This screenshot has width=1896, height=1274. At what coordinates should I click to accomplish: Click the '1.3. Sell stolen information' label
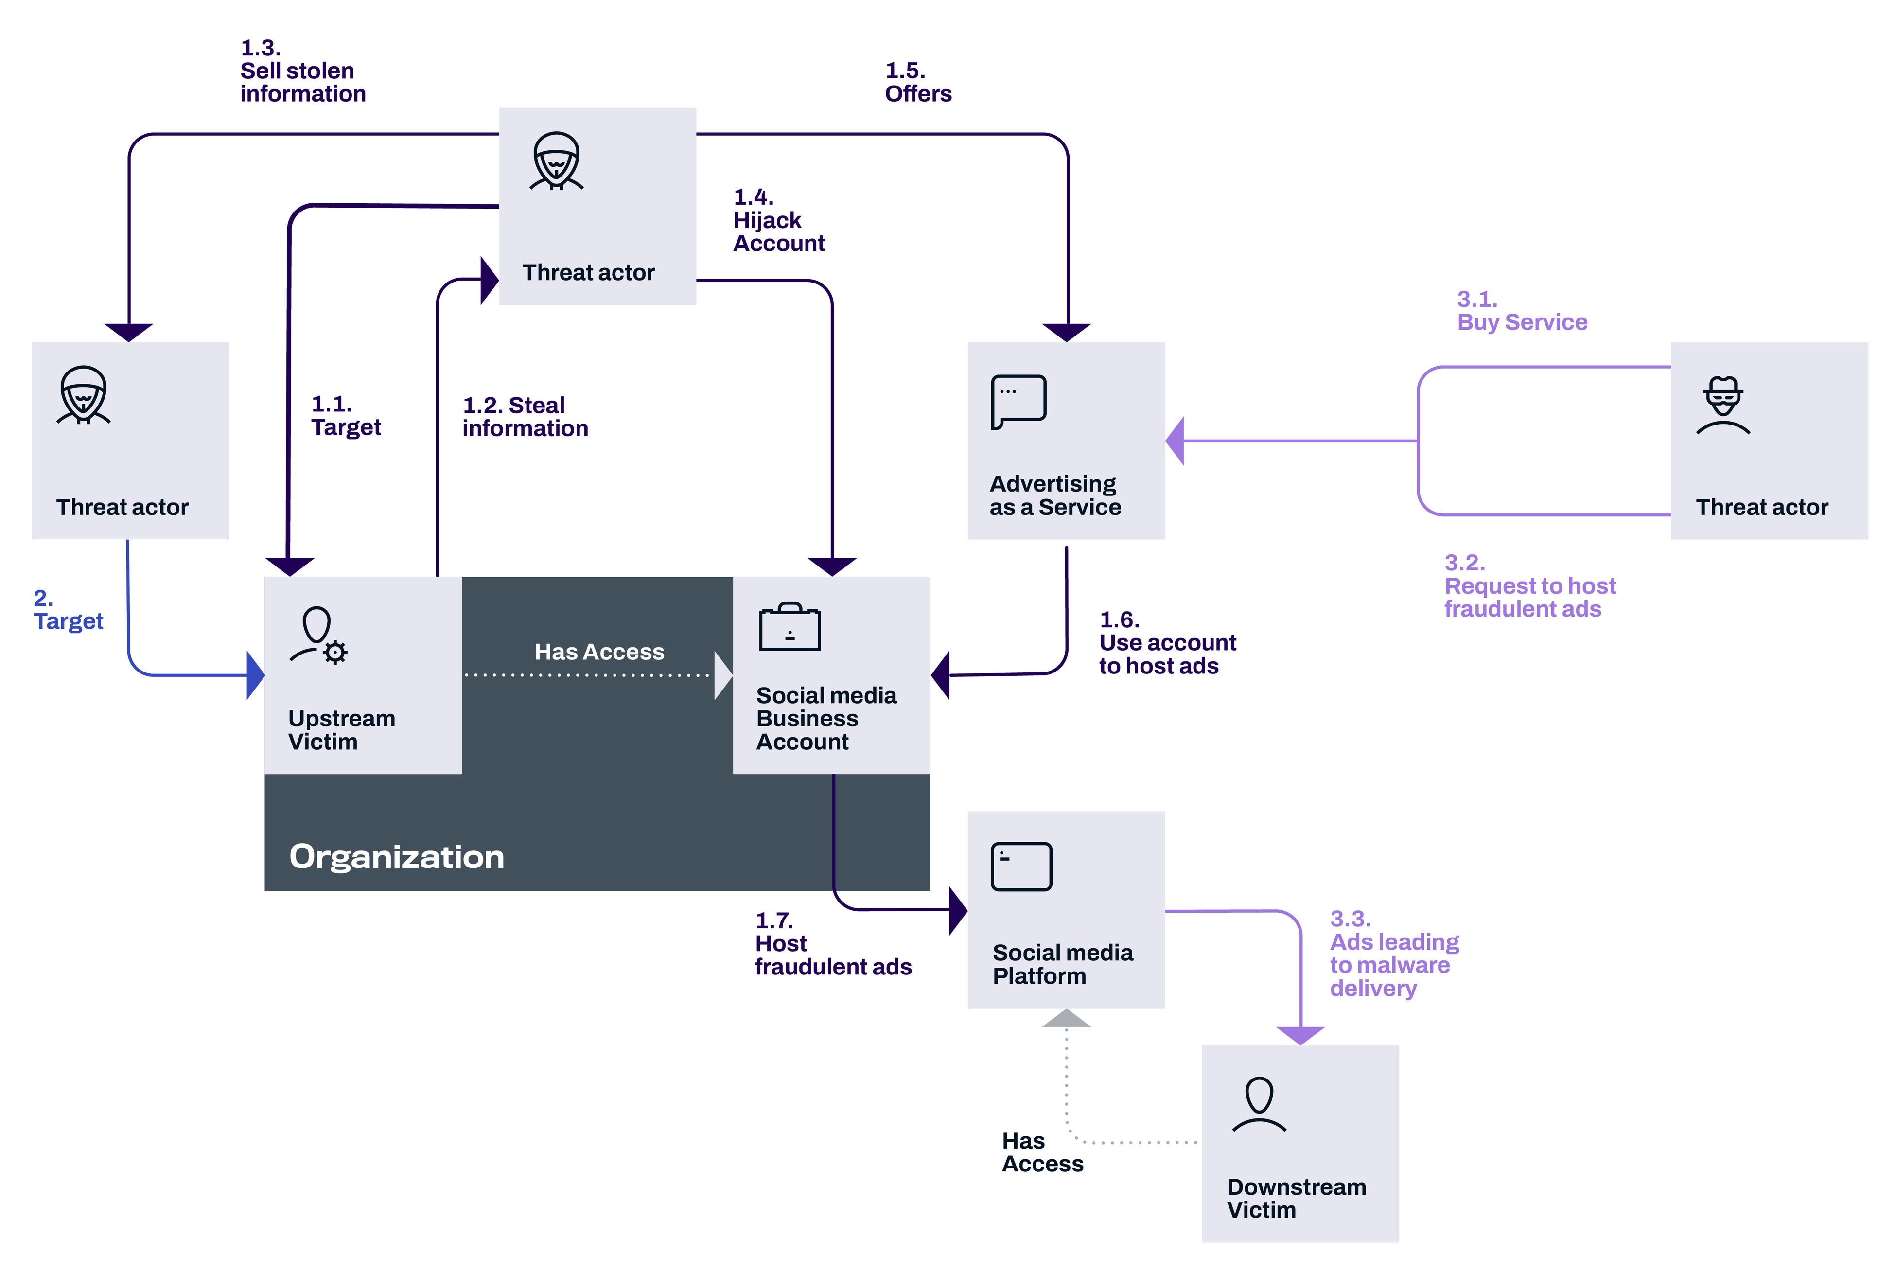coord(302,71)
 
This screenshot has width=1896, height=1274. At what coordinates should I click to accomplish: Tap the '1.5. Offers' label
coord(917,83)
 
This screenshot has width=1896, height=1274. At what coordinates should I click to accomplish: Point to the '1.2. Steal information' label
coord(525,417)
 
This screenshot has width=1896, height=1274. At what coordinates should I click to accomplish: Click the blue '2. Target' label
coord(68,610)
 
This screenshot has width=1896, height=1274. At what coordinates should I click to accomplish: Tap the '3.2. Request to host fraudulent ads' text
coord(1529,586)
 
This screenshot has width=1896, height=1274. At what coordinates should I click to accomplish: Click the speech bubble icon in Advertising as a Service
coord(1018,401)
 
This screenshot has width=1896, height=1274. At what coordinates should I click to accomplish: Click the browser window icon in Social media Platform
coord(1021,867)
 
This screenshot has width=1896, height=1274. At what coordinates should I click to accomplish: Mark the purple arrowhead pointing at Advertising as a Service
coord(1175,441)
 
